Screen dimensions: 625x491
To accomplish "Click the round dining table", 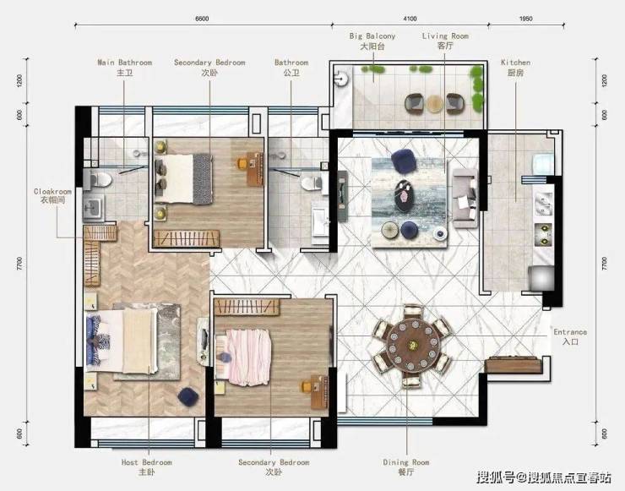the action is (x=413, y=344).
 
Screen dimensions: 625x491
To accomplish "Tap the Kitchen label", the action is (x=515, y=68).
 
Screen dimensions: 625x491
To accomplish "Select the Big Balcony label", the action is (x=372, y=41).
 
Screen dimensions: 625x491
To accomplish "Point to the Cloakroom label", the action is (x=52, y=195).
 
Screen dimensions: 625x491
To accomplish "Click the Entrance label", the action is (x=570, y=336).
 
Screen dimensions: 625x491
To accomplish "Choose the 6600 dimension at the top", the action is (x=202, y=19).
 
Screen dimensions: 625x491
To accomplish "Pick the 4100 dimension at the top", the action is (x=410, y=19).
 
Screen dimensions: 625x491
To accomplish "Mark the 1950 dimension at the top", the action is (x=525, y=19).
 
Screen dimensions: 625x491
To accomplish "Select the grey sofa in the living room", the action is (x=465, y=198).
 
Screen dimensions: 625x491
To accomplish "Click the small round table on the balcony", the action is (x=434, y=104).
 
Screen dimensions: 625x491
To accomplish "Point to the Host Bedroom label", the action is (x=147, y=467).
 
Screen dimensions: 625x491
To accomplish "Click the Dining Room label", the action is (x=406, y=467).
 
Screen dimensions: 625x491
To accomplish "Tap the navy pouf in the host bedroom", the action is (x=188, y=397).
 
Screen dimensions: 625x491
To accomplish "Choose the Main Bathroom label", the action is (x=125, y=68).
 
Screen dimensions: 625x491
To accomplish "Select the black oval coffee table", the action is (x=405, y=196).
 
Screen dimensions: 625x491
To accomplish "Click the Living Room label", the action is (x=445, y=41).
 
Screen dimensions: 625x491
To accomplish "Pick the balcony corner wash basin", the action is (x=341, y=78).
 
